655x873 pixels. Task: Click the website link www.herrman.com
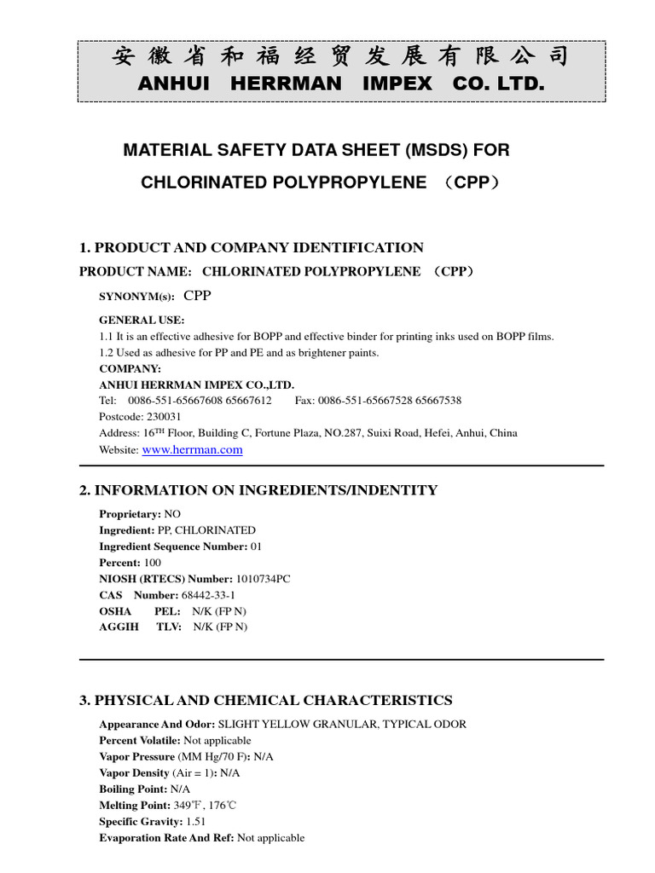(x=192, y=450)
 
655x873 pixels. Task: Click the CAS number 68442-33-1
(x=208, y=595)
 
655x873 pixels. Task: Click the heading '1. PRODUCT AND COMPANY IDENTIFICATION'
(x=252, y=248)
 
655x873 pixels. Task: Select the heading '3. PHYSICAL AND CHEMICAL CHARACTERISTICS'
(x=265, y=701)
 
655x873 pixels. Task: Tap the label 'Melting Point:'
(x=133, y=806)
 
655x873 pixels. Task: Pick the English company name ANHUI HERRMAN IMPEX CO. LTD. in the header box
(x=340, y=84)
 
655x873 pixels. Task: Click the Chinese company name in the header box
(x=340, y=57)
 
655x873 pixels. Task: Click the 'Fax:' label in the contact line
(x=304, y=401)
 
